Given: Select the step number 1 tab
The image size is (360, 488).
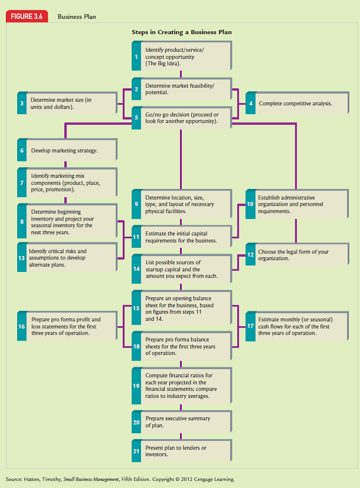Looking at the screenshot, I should pyautogui.click(x=136, y=57).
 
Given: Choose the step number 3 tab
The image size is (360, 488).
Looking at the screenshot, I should pyautogui.click(x=22, y=103).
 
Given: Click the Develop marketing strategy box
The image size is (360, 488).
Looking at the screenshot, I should pyautogui.click(x=69, y=151).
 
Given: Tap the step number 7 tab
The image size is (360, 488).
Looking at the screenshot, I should pyautogui.click(x=22, y=182).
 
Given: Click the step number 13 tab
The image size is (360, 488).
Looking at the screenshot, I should pyautogui.click(x=22, y=258).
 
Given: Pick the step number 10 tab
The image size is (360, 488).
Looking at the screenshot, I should pyautogui.click(x=250, y=204).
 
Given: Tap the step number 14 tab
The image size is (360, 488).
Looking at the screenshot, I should pyautogui.click(x=136, y=268).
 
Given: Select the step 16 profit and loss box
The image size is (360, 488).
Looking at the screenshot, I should pyautogui.click(x=69, y=326).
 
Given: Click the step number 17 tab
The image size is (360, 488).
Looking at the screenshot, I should pyautogui.click(x=250, y=326).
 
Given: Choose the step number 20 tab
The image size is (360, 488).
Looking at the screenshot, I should pyautogui.click(x=136, y=422).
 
